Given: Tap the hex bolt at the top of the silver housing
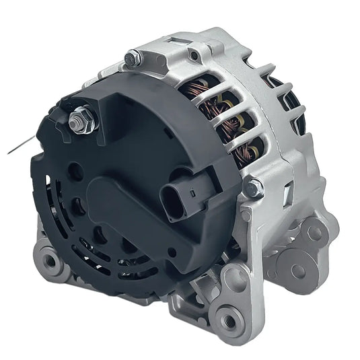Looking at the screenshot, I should click(x=133, y=58).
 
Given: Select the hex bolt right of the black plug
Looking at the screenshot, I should click(x=254, y=188).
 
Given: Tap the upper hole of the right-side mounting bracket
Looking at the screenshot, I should click(x=314, y=233).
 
